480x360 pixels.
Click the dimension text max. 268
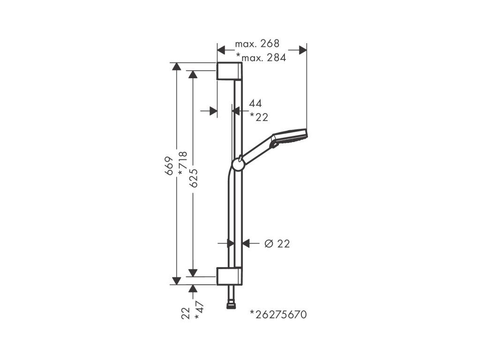pyautogui.click(x=257, y=44)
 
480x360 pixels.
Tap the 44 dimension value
pyautogui.click(x=255, y=104)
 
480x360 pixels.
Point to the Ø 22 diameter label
pyautogui.click(x=277, y=243)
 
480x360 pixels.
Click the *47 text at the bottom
pyautogui.click(x=200, y=311)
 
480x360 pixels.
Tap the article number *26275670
pyautogui.click(x=278, y=315)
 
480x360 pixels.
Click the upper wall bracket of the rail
pyautogui.click(x=229, y=71)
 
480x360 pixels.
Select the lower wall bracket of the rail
pyautogui.click(x=229, y=276)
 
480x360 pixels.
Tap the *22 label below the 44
pyautogui.click(x=259, y=117)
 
